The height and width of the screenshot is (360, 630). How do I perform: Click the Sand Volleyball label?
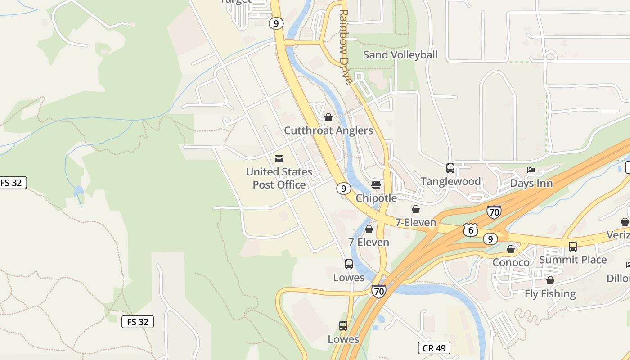[400, 55]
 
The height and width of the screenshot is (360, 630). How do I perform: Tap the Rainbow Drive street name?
[344, 47]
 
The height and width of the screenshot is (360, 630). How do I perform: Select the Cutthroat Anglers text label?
[328, 130]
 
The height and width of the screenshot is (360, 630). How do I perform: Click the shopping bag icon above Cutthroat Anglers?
[328, 117]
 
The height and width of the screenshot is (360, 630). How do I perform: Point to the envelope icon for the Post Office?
[279, 159]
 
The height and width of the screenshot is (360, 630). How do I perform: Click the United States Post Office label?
[279, 178]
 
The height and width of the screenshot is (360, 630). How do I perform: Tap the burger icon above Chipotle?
[376, 185]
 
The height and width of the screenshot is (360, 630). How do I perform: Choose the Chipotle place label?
[376, 198]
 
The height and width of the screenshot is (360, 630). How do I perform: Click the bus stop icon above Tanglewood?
[450, 168]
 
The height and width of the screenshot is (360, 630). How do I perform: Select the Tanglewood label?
[450, 181]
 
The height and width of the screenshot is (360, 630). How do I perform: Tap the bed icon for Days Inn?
[531, 170]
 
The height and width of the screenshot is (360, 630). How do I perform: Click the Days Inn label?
[531, 183]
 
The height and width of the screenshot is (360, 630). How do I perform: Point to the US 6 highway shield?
[470, 229]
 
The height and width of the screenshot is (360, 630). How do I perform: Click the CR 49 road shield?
[434, 348]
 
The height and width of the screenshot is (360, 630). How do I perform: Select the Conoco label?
[511, 262]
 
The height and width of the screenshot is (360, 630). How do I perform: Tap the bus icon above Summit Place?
[573, 247]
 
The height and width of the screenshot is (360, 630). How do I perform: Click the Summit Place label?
[573, 260]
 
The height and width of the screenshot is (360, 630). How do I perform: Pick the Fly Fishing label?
[550, 294]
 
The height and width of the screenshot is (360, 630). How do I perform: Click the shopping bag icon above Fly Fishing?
[550, 281]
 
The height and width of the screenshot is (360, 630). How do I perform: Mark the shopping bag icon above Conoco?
[511, 249]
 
